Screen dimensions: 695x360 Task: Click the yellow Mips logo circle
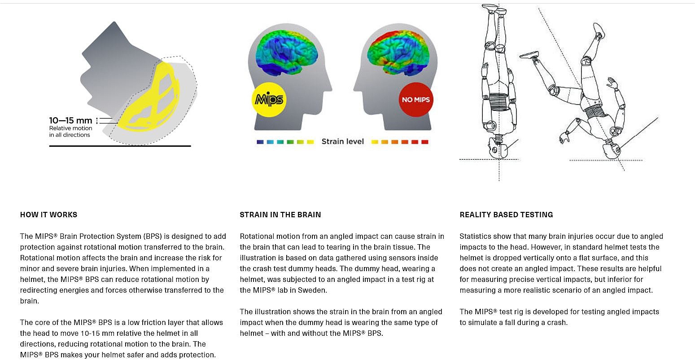point(269,100)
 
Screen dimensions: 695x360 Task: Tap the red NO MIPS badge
point(416,100)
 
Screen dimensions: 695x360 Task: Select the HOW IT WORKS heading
point(49,215)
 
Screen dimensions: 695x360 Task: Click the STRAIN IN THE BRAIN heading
point(280,215)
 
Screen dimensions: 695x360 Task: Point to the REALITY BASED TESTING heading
point(507,215)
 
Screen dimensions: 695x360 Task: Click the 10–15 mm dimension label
point(71,120)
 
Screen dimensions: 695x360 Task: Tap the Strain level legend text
point(342,141)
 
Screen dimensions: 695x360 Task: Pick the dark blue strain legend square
point(260,142)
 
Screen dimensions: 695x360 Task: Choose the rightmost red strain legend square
point(425,142)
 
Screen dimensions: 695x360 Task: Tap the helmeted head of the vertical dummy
point(498,148)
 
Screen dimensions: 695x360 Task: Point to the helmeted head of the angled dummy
point(611,150)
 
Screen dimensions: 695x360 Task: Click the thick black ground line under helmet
point(120,146)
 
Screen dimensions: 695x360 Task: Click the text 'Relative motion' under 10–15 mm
point(71,128)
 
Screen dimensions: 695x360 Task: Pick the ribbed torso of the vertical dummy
point(499,101)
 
